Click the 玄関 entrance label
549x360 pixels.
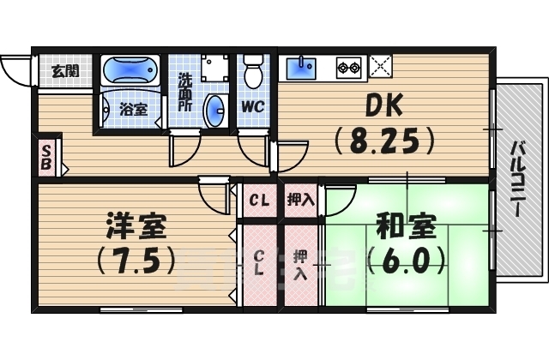click(63, 70)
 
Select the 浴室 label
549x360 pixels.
click(132, 109)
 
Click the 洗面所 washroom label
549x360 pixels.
click(184, 93)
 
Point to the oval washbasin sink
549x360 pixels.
click(216, 109)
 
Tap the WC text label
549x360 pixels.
click(252, 108)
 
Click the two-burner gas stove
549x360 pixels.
click(348, 65)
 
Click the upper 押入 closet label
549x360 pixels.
click(299, 201)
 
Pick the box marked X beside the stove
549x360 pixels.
click(380, 65)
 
